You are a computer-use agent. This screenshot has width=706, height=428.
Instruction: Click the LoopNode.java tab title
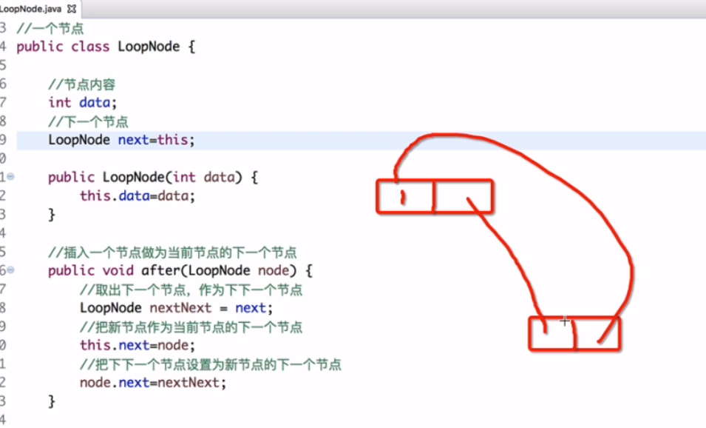pos(31,8)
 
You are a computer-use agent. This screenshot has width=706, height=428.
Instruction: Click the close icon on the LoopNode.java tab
pos(72,9)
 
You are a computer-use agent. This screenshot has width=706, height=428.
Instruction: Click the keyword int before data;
pos(60,103)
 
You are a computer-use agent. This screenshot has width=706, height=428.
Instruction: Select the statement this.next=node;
pos(137,345)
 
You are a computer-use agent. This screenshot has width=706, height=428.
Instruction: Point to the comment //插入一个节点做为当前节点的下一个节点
pos(172,252)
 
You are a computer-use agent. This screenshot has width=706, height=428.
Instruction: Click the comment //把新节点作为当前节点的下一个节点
pos(191,327)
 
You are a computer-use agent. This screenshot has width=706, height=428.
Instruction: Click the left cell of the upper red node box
pos(406,196)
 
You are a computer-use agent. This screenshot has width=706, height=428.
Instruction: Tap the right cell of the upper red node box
pos(463,196)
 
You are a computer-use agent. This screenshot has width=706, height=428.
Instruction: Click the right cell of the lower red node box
pos(597,333)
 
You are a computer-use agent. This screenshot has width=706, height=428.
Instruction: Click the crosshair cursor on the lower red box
pos(565,321)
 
